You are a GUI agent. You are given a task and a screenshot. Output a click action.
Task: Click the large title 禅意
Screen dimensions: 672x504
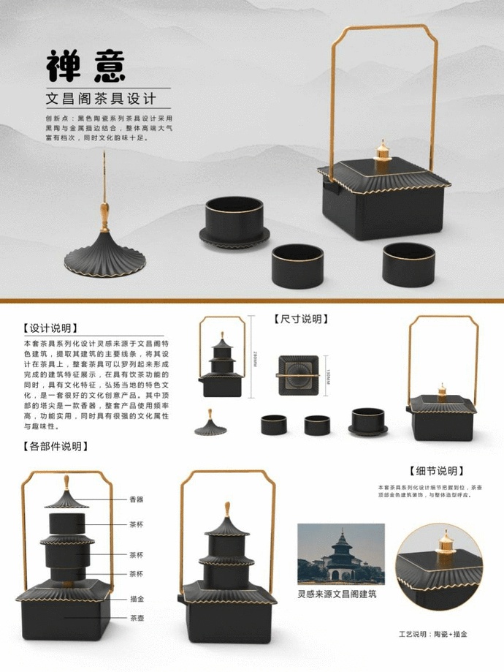pyautogui.click(x=86, y=67)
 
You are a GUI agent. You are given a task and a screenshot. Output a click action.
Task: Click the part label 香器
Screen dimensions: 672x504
pyautogui.click(x=137, y=499)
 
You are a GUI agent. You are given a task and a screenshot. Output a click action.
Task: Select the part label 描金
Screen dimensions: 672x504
pyautogui.click(x=137, y=597)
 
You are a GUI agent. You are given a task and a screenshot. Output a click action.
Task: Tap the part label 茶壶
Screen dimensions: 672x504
pyautogui.click(x=137, y=618)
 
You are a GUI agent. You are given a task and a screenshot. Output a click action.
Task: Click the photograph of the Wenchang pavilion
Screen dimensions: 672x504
pyautogui.click(x=340, y=554)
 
